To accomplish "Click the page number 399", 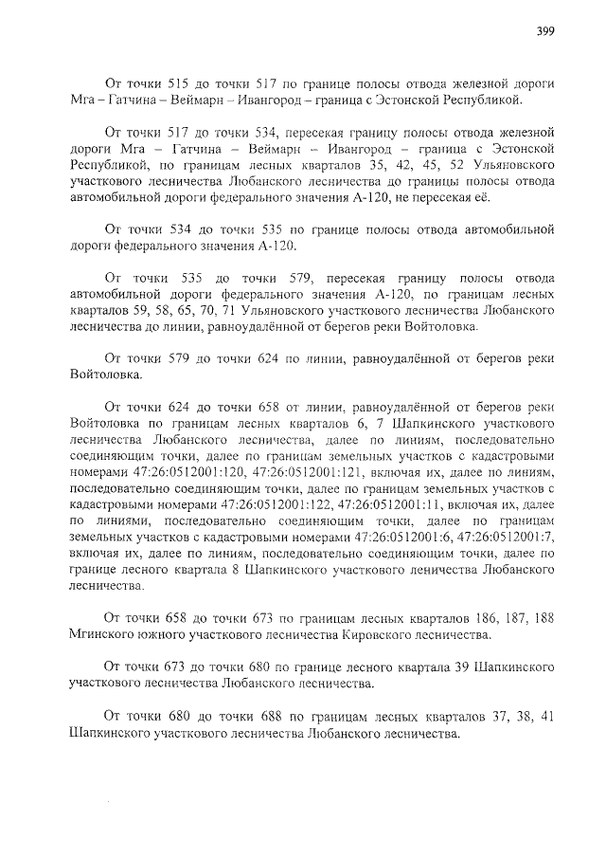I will click(545, 31).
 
